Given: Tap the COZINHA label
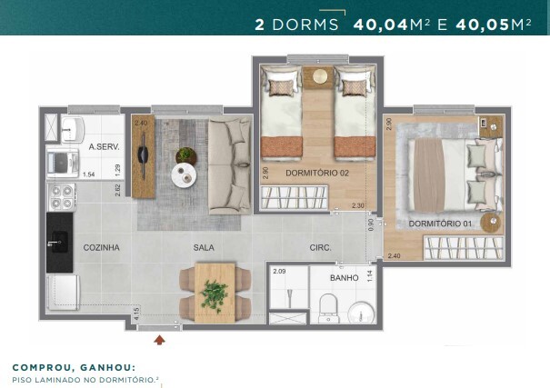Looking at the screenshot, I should [102, 247].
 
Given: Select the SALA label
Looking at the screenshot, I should [204, 247].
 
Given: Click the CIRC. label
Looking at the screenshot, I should [319, 247].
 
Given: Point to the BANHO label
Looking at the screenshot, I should [345, 278].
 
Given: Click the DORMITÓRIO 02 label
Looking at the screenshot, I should [315, 173].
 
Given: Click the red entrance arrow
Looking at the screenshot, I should [161, 341].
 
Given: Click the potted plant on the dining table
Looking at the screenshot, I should [215, 293].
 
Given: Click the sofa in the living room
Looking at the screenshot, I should [229, 164].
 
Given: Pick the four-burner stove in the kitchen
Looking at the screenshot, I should [61, 195].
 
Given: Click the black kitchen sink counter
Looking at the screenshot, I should [59, 241].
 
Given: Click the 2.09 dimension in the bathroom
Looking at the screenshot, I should [279, 271].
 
